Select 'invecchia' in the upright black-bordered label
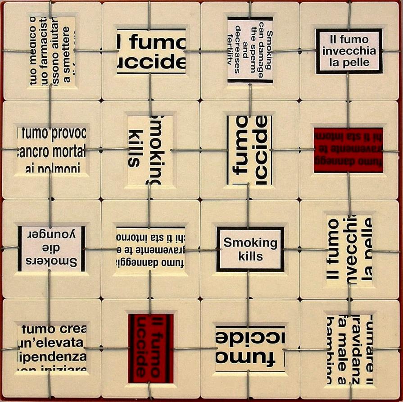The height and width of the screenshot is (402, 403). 349,50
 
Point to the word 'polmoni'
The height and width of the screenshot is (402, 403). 50,169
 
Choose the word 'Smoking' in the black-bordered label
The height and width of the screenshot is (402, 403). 250,243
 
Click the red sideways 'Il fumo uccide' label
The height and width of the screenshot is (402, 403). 150,348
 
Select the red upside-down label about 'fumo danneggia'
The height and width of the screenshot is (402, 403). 348,150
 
